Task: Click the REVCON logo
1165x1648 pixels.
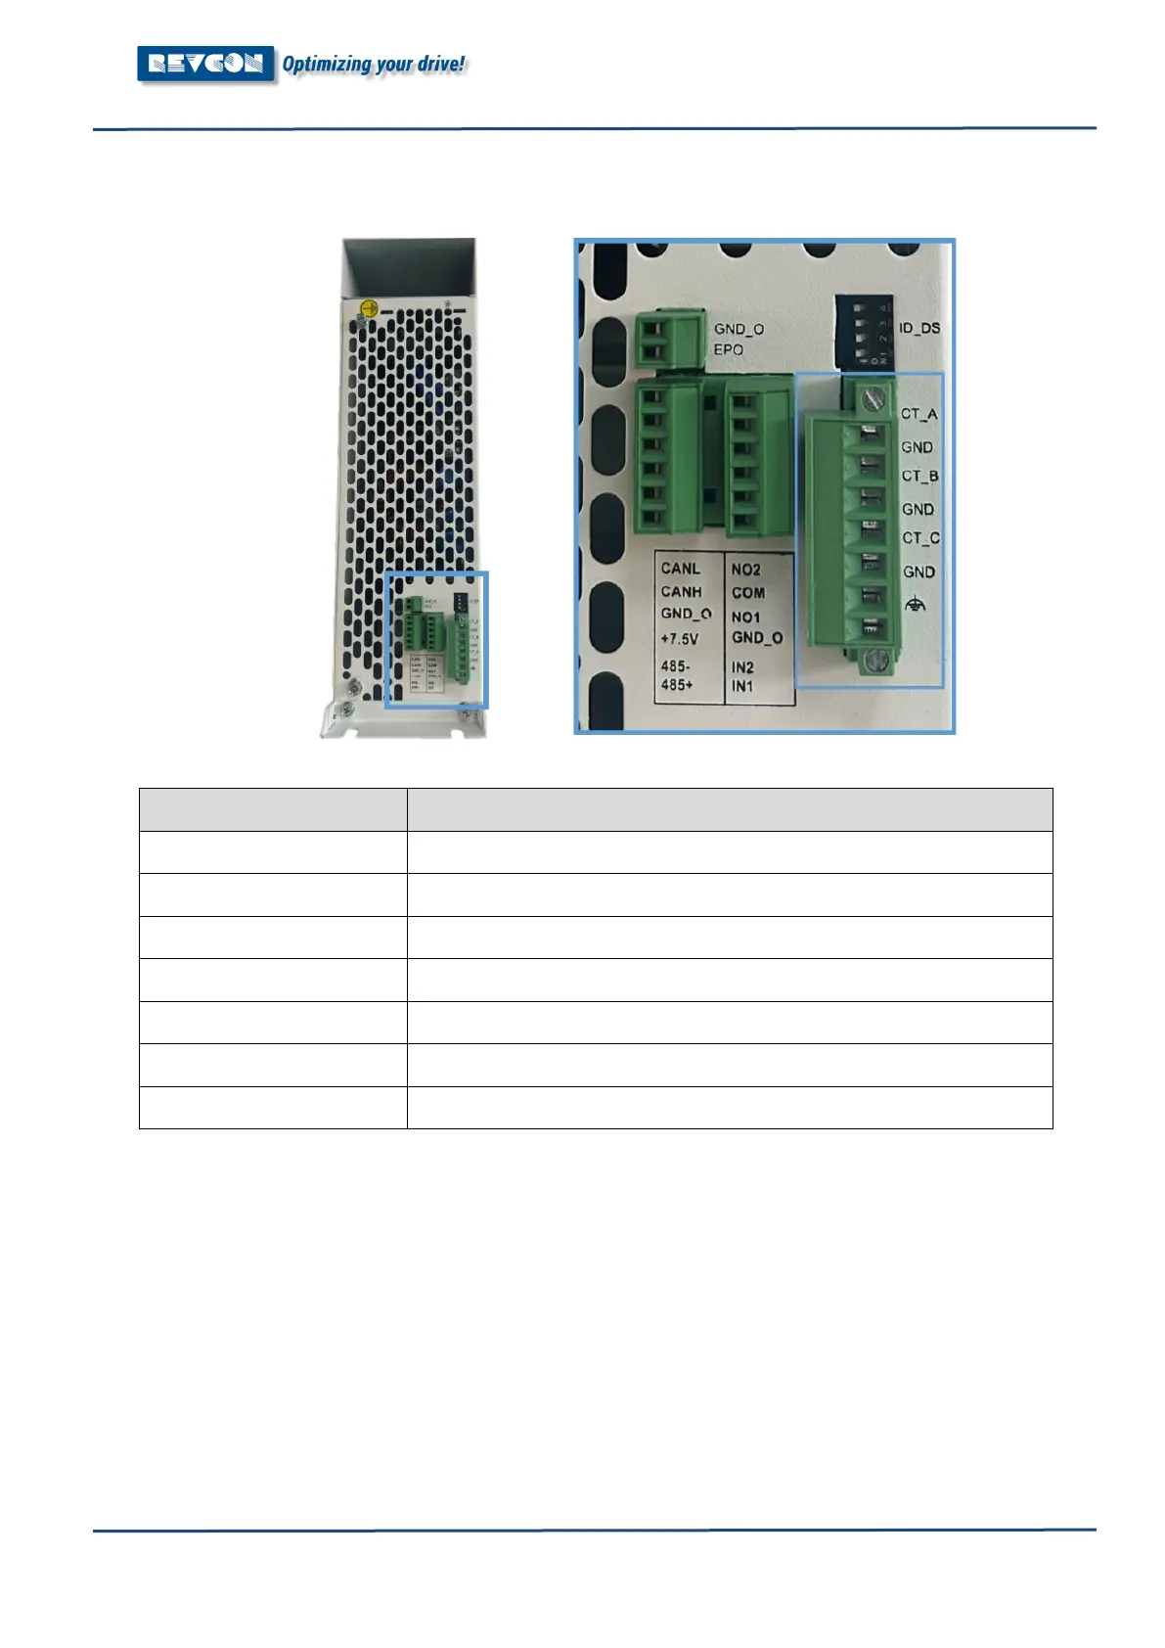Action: [205, 65]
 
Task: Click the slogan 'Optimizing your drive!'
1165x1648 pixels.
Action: [374, 65]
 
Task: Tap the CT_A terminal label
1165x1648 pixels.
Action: [919, 414]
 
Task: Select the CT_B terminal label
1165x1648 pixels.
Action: [919, 477]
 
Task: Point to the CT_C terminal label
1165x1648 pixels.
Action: [920, 538]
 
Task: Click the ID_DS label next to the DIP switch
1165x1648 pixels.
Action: [919, 328]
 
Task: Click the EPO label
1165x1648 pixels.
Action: [728, 349]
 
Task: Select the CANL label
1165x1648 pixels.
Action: [681, 569]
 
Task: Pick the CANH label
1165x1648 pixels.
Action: [682, 592]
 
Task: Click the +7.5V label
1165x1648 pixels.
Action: [680, 639]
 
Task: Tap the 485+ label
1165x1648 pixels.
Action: [677, 685]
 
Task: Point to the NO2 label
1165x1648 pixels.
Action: [746, 570]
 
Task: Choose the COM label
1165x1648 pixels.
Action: [748, 593]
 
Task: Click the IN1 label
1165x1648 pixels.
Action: [742, 686]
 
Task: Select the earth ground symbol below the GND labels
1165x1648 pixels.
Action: [916, 605]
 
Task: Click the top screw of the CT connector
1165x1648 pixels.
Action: [876, 397]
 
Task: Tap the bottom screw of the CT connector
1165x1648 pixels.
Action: [876, 661]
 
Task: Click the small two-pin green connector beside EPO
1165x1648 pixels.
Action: [670, 341]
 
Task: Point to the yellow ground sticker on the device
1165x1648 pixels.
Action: [367, 309]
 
